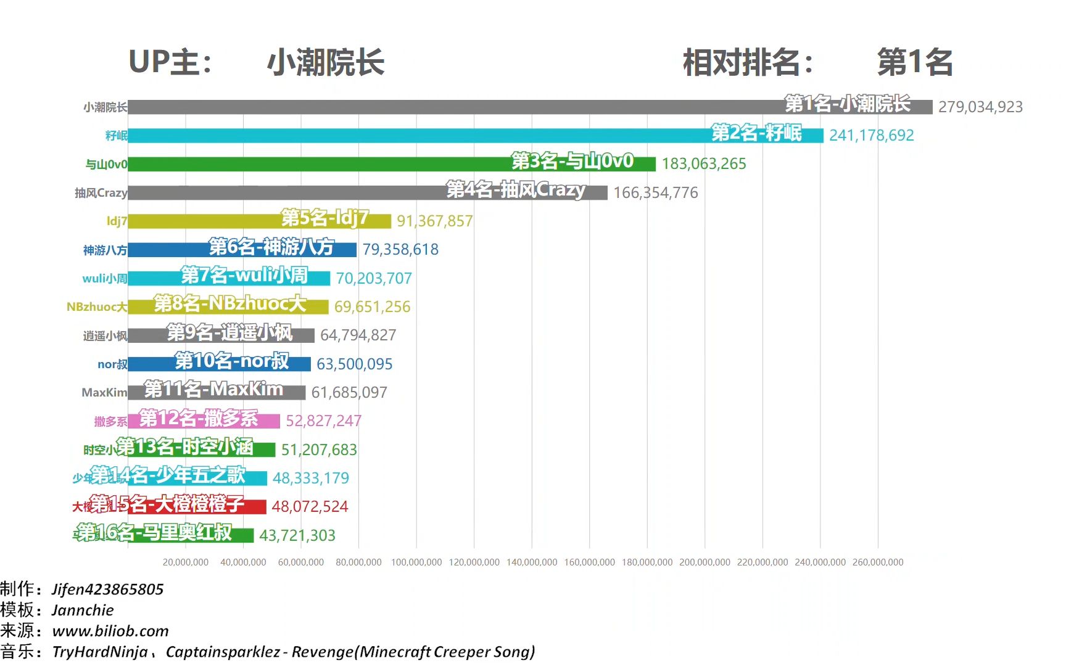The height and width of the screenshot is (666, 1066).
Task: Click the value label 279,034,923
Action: [980, 107]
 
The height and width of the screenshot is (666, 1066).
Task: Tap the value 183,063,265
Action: [704, 164]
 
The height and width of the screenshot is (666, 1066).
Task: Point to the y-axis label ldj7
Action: [117, 221]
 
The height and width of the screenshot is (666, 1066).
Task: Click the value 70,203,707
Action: [374, 279]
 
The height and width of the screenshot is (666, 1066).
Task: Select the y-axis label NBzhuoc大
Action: [97, 307]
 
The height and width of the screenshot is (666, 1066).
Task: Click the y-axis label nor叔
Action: [112, 364]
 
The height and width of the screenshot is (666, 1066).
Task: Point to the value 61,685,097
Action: [349, 393]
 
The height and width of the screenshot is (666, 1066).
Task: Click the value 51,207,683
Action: [319, 450]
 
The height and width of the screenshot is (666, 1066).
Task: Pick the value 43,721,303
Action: [297, 535]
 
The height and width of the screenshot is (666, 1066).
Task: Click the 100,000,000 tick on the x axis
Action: [416, 562]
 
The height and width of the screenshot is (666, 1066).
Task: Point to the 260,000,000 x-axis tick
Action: [878, 562]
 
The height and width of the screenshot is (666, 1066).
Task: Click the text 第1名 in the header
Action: [915, 63]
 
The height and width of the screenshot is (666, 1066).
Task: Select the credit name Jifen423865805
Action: [108, 590]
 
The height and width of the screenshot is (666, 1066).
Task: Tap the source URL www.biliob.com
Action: [110, 631]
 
